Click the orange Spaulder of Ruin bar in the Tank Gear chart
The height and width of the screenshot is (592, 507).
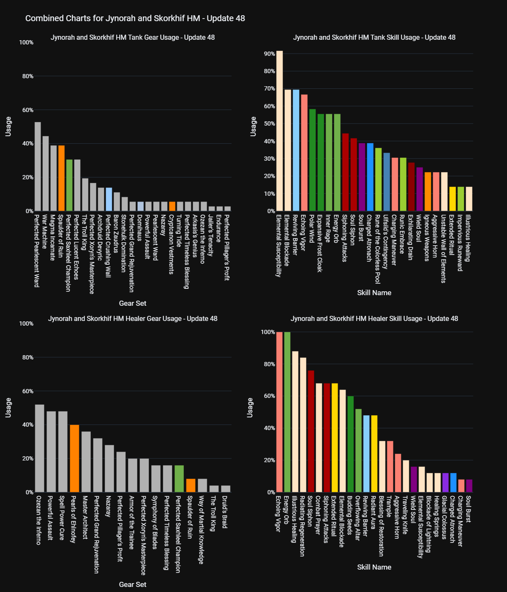[x=61, y=178]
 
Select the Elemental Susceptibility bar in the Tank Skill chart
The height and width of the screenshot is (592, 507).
[x=279, y=131]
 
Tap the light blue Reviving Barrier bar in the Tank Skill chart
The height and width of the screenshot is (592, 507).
[x=296, y=150]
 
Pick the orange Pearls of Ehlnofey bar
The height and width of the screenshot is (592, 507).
[x=74, y=458]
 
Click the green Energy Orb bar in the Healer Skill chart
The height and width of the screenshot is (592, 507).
[x=287, y=412]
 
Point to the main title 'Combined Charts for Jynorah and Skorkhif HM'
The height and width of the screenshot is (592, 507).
[x=135, y=18]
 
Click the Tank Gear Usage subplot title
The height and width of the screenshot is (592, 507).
[x=133, y=37]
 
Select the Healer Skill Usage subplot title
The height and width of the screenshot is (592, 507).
[x=374, y=318]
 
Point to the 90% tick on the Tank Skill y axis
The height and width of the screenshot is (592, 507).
[x=270, y=54]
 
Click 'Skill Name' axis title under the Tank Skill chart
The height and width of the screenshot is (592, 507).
[x=374, y=293]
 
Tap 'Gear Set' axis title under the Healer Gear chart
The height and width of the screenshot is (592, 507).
[x=133, y=584]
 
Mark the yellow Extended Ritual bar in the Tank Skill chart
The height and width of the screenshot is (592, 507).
[x=452, y=199]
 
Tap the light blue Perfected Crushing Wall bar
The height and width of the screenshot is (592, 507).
[x=109, y=199]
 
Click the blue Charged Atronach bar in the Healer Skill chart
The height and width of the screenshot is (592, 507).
[x=453, y=482]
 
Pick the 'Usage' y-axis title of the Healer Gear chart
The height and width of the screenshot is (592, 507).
[x=8, y=408]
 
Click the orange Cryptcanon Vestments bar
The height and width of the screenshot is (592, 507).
[x=172, y=206]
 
